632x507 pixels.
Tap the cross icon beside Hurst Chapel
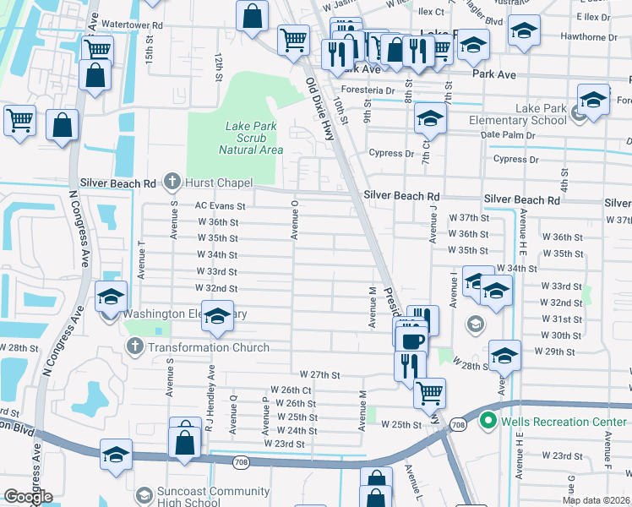[x=172, y=181]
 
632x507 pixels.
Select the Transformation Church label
[x=208, y=347]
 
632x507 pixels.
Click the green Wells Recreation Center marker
[x=487, y=421]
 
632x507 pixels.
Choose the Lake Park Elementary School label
[x=518, y=114]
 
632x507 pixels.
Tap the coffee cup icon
[x=411, y=341]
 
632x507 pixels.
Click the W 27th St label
[x=319, y=374]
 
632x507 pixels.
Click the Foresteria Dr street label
[x=368, y=90]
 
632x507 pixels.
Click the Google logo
[x=27, y=497]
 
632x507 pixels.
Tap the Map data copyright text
[x=596, y=500]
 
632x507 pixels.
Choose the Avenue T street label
[x=141, y=259]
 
